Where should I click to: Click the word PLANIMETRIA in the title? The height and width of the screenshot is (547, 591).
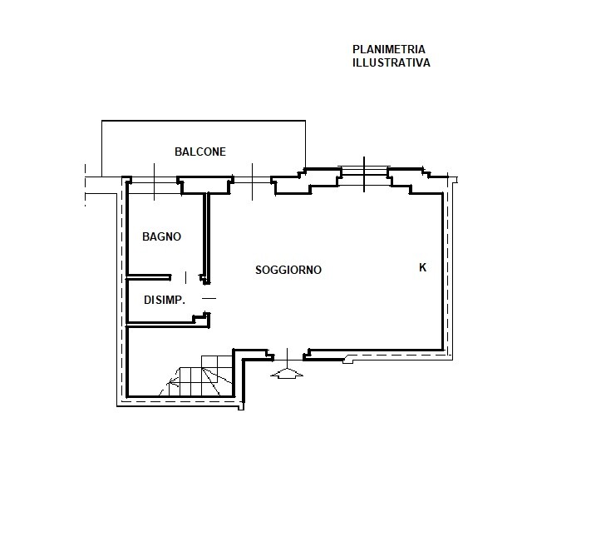tap(389, 49)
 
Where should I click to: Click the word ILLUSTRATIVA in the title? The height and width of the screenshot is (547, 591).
tap(392, 62)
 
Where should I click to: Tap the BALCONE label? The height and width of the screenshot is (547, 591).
tap(200, 152)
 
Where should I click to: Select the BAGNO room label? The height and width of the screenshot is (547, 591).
tap(162, 236)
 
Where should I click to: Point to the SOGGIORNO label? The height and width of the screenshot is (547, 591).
tap(288, 270)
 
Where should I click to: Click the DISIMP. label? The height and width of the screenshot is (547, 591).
tap(165, 300)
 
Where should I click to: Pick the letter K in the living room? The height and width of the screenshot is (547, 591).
tap(422, 267)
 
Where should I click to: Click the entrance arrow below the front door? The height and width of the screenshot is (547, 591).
tap(288, 373)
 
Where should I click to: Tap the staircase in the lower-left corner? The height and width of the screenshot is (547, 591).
tap(199, 376)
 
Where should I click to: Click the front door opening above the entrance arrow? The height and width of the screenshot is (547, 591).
tap(288, 356)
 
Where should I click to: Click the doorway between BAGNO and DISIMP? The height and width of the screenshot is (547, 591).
tap(185, 278)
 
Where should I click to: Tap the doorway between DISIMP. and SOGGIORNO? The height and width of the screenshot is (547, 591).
tap(209, 298)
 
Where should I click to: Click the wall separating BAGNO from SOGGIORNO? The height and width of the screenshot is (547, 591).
tap(206, 238)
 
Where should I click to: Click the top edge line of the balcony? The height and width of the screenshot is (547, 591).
tap(204, 121)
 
